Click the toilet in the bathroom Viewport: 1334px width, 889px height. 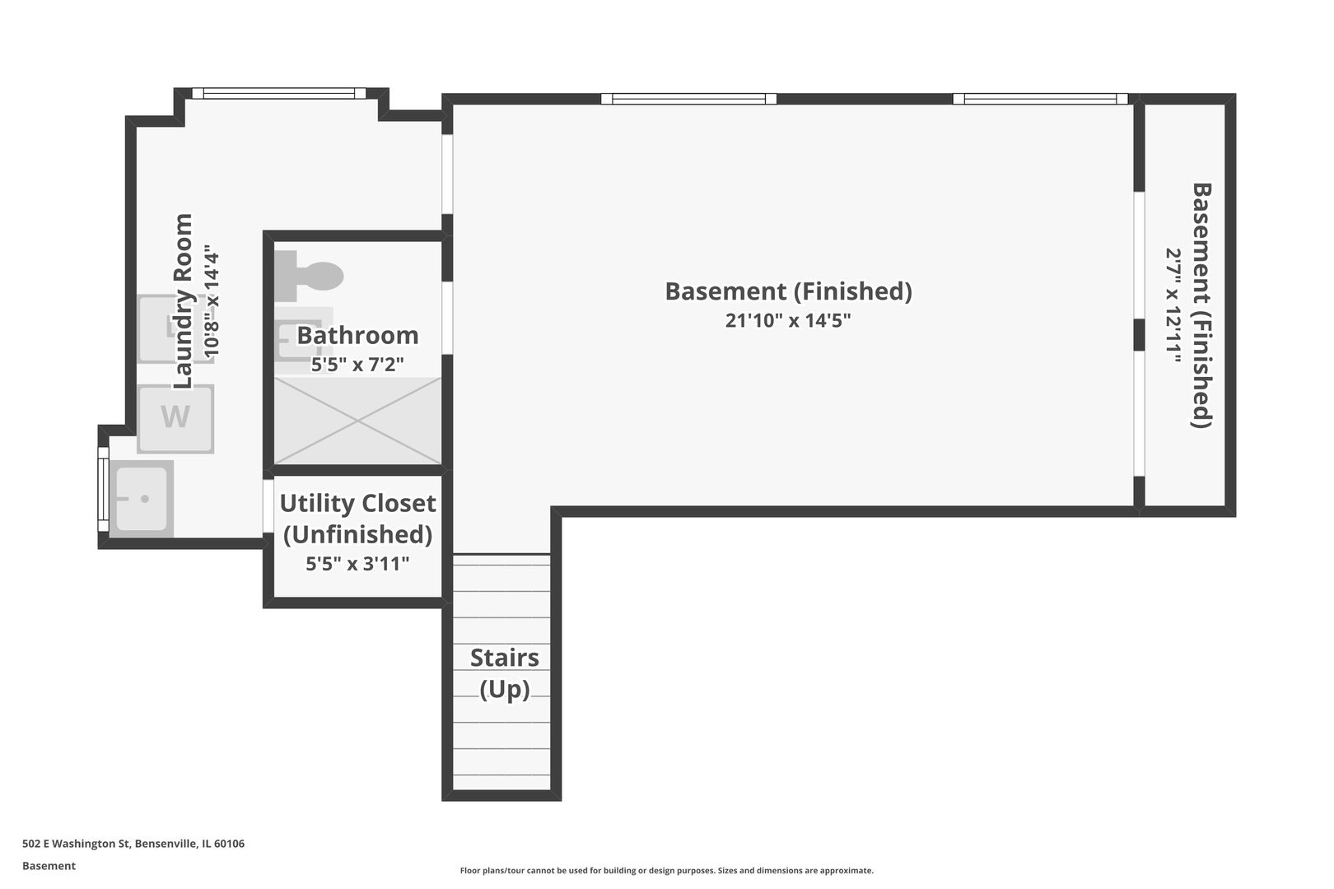309,277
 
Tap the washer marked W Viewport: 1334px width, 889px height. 175,419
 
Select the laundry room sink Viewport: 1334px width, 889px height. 142,499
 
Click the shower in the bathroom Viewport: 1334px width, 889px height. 357,421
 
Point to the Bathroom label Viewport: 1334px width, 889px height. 357,335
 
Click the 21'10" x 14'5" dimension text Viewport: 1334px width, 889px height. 788,320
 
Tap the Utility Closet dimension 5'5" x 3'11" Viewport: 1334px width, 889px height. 357,563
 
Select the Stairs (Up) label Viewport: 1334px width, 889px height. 505,673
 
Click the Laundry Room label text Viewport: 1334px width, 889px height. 183,301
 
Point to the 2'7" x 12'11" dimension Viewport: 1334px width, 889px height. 1173,305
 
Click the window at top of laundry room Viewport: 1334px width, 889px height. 278,93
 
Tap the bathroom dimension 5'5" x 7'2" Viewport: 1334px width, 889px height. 357,364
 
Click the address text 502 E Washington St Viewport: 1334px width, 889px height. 77,843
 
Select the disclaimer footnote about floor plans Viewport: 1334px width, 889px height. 666,871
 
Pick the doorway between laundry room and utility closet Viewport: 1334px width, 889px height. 268,506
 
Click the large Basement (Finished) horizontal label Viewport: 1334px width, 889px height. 789,291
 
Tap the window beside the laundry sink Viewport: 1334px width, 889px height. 103,489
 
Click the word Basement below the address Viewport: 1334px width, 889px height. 49,866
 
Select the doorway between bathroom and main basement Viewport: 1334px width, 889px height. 447,318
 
